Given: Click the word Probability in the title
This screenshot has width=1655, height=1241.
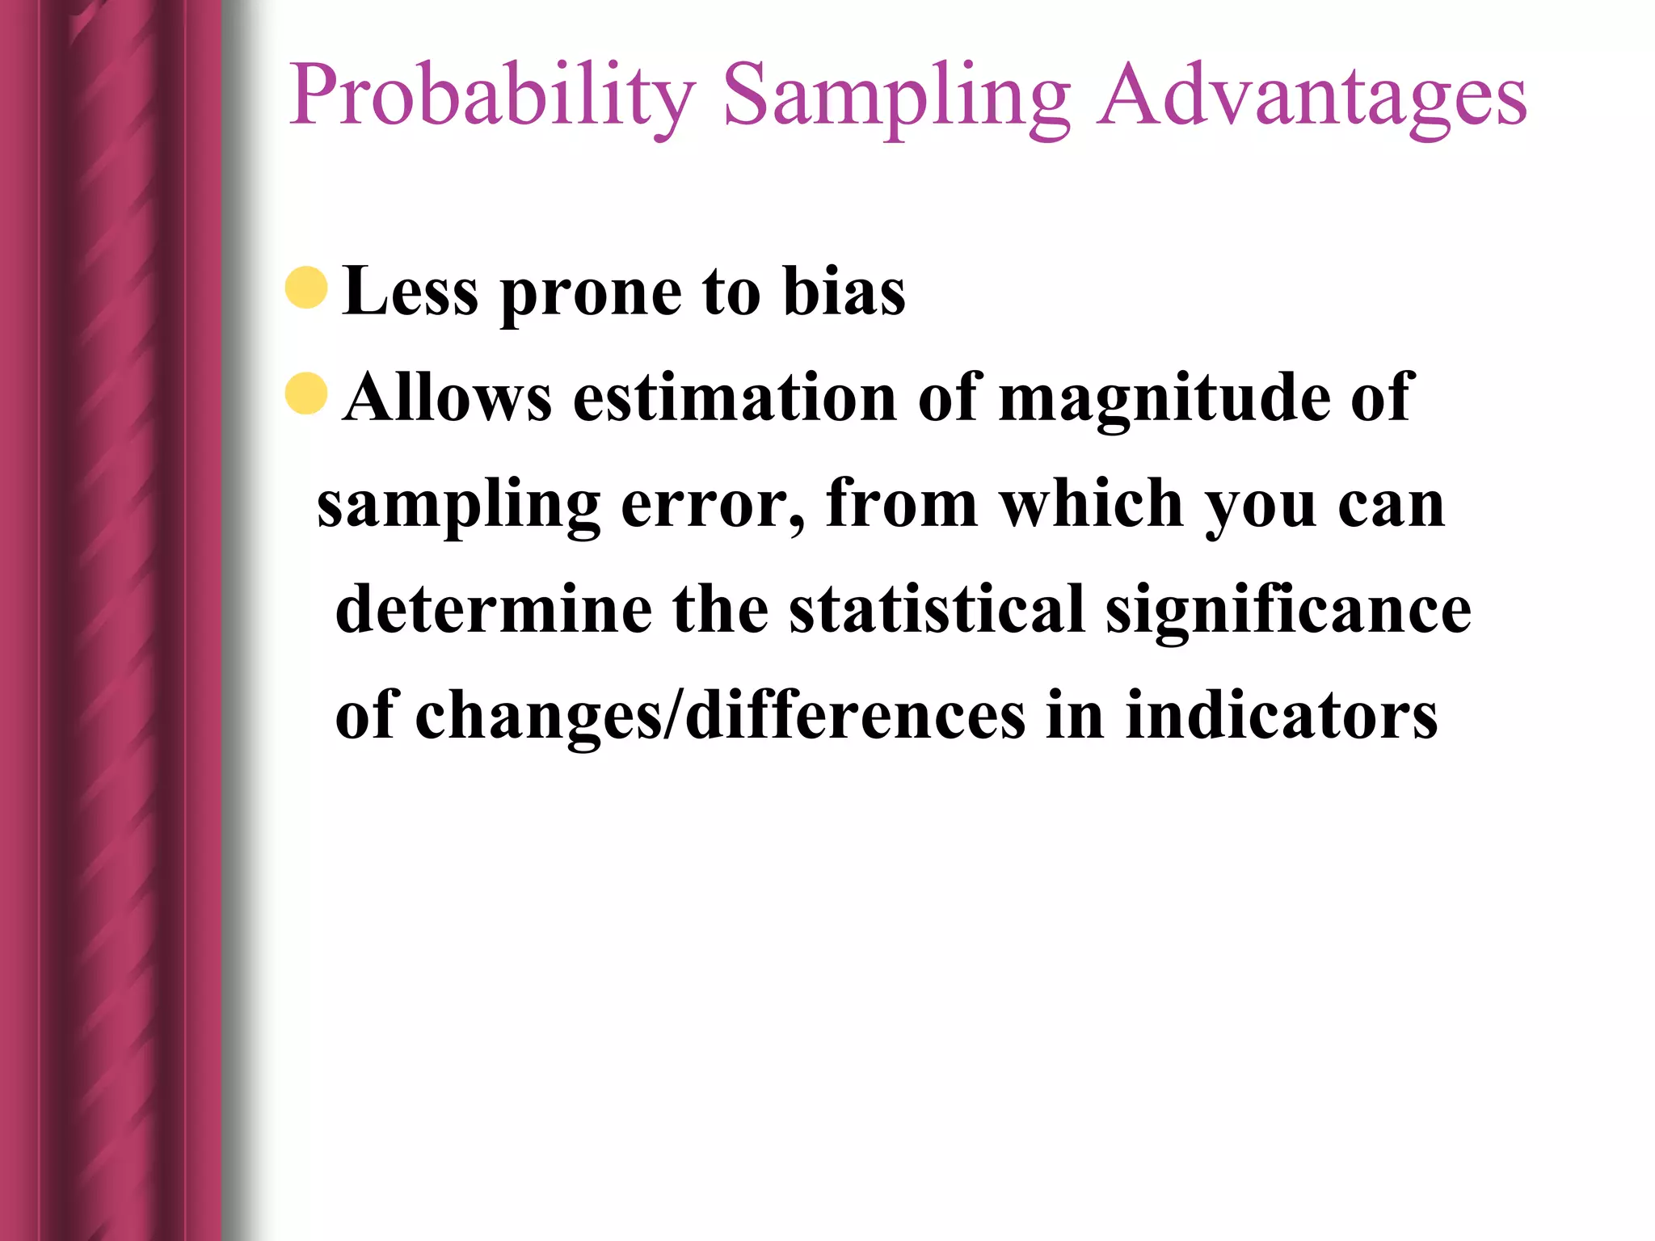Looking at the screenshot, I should pos(491,97).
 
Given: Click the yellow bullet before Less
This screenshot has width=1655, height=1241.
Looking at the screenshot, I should pos(306,288).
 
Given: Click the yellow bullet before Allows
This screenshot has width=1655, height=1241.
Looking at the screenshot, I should pos(306,393).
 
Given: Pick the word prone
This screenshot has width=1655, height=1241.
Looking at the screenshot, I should pos(591,295).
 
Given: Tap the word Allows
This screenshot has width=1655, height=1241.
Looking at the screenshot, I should pos(447,398).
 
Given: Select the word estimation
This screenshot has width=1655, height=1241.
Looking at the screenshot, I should pos(735,398).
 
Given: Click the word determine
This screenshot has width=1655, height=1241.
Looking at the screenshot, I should pos(494,609).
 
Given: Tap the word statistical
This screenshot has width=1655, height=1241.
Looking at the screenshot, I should pos(937,609).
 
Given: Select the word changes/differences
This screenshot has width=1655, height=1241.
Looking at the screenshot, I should pos(720,716).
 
